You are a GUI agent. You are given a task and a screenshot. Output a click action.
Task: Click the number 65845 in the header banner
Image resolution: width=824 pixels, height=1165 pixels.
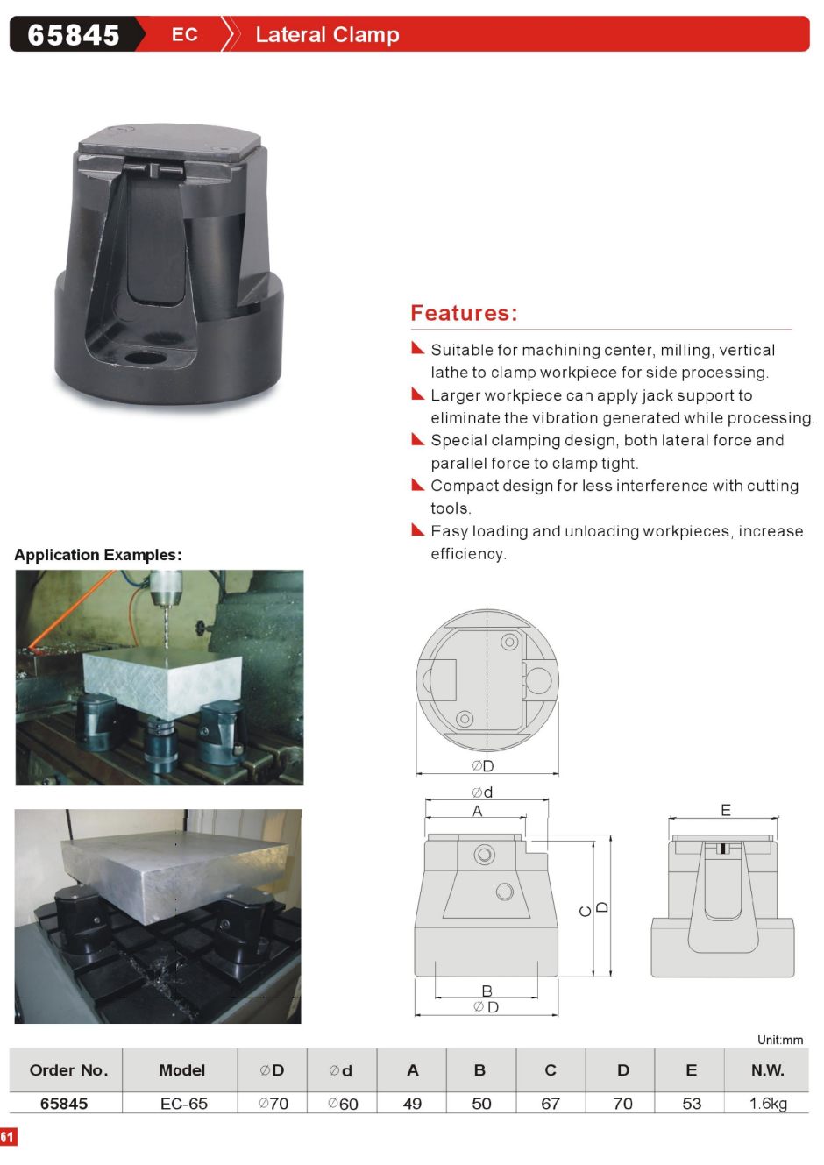coord(74,35)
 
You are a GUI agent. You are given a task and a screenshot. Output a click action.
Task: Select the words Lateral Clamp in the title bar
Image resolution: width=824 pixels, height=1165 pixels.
coord(327,35)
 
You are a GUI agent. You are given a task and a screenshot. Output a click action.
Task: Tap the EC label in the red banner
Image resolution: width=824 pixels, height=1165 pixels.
coord(185,34)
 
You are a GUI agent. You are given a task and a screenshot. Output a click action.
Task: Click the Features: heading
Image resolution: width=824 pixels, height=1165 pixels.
coord(464,313)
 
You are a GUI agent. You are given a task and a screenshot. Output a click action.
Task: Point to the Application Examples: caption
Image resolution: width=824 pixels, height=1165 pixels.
coord(98,555)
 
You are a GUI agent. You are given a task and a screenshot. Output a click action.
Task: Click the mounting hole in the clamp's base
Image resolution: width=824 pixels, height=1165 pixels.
coord(146,358)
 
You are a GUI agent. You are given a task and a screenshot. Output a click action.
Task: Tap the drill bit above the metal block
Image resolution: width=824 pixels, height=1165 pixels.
coord(167,627)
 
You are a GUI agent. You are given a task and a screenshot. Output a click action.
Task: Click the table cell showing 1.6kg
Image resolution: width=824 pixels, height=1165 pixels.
coord(768,1104)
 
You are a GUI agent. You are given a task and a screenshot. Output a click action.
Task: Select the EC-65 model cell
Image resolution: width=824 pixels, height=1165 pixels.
coord(184,1104)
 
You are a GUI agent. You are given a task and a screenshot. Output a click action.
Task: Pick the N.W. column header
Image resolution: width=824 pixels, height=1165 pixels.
coord(768,1069)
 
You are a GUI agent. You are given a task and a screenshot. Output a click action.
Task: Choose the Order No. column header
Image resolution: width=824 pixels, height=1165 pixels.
coord(68,1069)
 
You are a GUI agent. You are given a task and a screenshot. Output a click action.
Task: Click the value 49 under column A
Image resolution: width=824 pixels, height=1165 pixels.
coord(412,1104)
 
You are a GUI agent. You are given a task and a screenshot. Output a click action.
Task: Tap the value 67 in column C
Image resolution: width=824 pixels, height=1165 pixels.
coord(551,1104)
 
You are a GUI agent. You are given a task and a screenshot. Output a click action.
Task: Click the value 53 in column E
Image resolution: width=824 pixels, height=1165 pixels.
coord(692,1104)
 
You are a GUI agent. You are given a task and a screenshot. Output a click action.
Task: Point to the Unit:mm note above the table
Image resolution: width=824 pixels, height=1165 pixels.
coord(780,1040)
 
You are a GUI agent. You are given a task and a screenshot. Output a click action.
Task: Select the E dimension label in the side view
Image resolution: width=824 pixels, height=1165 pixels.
coord(726,810)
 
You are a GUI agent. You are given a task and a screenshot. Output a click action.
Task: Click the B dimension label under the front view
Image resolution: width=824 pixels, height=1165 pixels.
coord(487,991)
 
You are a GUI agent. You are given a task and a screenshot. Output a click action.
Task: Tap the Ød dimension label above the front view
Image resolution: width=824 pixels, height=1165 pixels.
coord(482,792)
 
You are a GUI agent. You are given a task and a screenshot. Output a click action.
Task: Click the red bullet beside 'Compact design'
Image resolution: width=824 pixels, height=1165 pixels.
coord(417,485)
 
